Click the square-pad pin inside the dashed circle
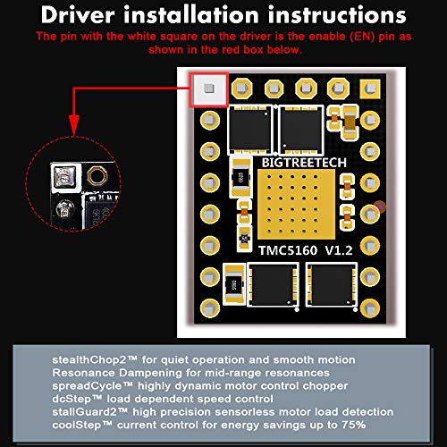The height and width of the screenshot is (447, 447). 62,178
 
